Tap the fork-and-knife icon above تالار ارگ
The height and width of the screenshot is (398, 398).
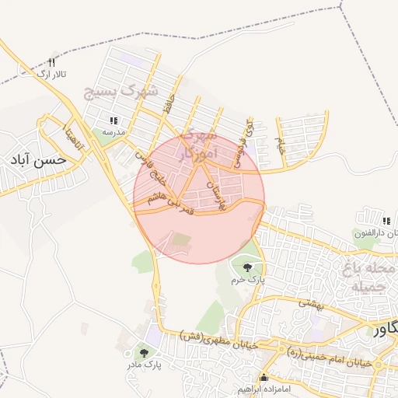tap(52, 62)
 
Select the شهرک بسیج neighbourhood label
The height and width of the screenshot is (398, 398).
tap(121, 93)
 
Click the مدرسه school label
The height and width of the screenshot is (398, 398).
tap(114, 131)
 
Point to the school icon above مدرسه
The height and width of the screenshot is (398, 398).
tap(114, 120)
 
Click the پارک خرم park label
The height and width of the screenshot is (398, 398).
tap(250, 278)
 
